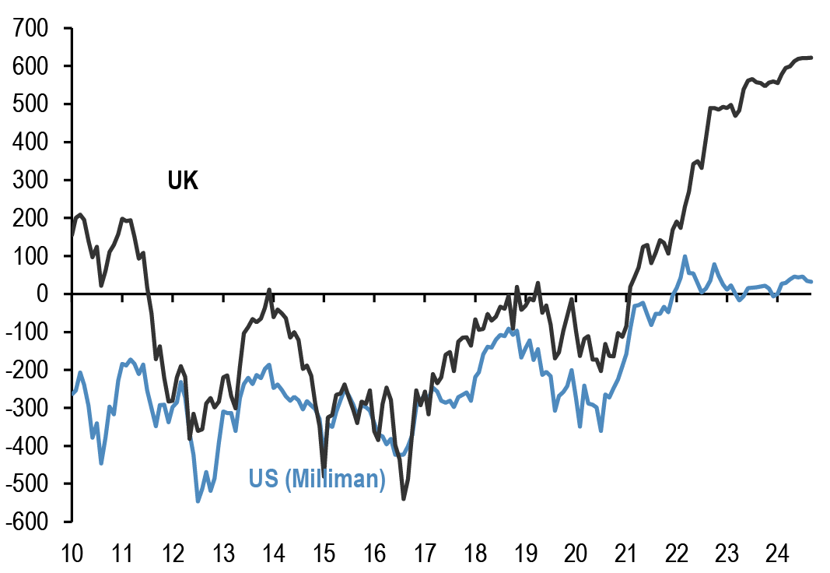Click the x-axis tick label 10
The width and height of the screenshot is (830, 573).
click(72, 554)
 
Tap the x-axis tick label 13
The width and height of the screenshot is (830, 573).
click(223, 554)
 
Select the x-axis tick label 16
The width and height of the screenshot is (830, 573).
click(374, 554)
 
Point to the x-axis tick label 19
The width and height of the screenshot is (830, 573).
click(526, 554)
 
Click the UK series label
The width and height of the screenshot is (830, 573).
click(183, 182)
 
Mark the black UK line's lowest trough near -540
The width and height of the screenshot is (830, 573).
click(404, 498)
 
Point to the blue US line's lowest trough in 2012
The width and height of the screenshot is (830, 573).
click(198, 501)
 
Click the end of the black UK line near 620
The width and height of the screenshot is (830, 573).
click(811, 58)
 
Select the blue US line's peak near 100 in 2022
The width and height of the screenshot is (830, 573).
click(685, 256)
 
